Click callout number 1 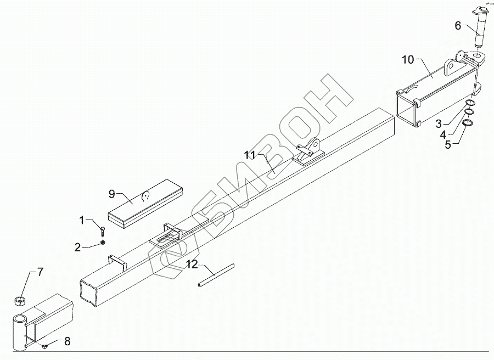point(82,221)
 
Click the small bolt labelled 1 point(103,229)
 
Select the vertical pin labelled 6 point(480,36)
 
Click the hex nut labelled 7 point(20,301)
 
